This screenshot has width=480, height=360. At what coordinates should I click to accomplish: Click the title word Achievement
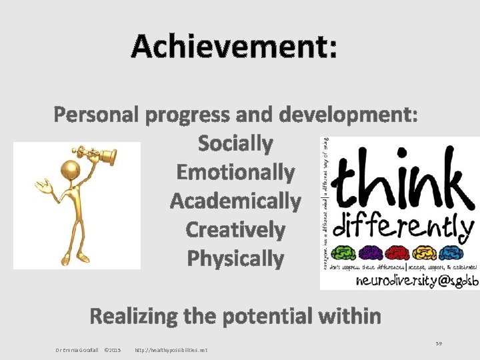click(234, 47)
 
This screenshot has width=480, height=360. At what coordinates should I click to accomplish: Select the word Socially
click(235, 143)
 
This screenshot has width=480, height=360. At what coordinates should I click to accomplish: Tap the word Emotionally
click(235, 173)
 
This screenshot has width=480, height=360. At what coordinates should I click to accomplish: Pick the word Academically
click(235, 201)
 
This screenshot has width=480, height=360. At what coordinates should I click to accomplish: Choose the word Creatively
click(235, 229)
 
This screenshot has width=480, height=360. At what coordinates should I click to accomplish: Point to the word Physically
click(235, 258)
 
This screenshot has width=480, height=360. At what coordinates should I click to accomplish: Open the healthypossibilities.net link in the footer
click(171, 350)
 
